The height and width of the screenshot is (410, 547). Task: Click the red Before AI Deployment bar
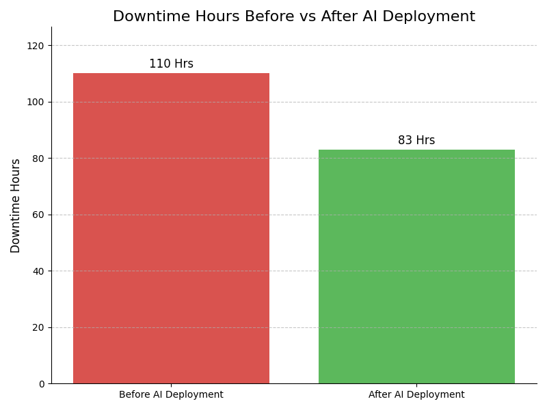(171, 228)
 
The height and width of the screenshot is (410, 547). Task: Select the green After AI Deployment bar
(416, 266)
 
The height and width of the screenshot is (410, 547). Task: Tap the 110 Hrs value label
(171, 64)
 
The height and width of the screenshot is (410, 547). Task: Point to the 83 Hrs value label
(416, 141)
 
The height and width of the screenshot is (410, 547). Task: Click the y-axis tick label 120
(36, 46)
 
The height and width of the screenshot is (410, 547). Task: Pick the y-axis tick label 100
(36, 102)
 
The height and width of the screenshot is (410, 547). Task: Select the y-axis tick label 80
(38, 159)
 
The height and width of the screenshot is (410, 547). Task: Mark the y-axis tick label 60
(38, 215)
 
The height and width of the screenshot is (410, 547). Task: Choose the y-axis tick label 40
(38, 271)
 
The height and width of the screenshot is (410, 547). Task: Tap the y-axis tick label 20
(38, 327)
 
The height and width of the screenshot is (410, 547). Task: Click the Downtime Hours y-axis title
(16, 206)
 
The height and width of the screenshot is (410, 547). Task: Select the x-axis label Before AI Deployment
(171, 395)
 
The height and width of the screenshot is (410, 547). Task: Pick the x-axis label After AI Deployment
(416, 395)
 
